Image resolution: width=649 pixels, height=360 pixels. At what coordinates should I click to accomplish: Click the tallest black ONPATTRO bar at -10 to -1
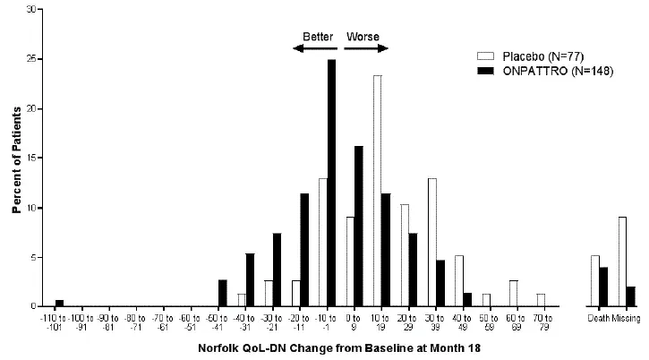point(331,184)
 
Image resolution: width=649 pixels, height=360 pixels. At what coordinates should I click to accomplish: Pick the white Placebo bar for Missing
point(622,261)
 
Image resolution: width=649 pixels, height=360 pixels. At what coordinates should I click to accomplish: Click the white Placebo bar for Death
point(594,281)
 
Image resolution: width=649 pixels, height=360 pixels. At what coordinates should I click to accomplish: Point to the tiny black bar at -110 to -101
point(60,303)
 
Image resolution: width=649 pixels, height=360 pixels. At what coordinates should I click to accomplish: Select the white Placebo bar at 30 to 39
point(431,243)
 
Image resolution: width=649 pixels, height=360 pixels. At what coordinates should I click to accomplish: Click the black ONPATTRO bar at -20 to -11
point(305,250)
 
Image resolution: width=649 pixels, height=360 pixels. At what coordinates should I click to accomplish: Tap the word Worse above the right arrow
point(363,37)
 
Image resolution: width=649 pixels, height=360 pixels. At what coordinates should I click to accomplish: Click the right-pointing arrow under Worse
point(363,48)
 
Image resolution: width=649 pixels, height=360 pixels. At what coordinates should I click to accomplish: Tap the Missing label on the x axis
point(626,318)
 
